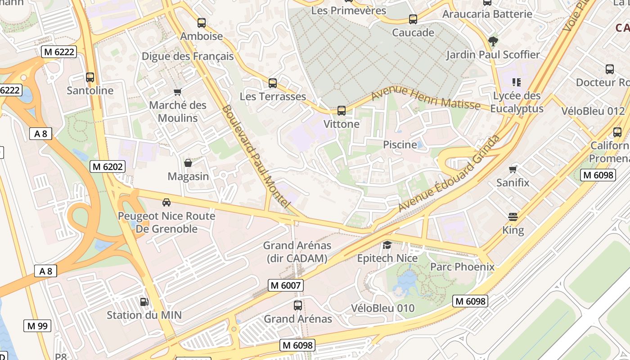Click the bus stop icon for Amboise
pyautogui.click(x=202, y=23)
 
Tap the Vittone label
pyautogui.click(x=342, y=124)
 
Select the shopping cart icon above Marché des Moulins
pyautogui.click(x=177, y=92)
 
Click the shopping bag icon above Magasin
pyautogui.click(x=188, y=163)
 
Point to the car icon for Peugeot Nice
pyautogui.click(x=166, y=202)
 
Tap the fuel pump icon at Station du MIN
pyautogui.click(x=144, y=302)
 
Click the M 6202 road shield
pyautogui.click(x=107, y=166)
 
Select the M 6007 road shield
pyautogui.click(x=286, y=285)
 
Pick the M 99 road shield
pyautogui.click(x=37, y=326)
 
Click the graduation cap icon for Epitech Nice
pyautogui.click(x=387, y=245)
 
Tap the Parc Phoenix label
pyautogui.click(x=462, y=267)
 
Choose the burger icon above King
pyautogui.click(x=513, y=217)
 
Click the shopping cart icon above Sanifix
pyautogui.click(x=513, y=170)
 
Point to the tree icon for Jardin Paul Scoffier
pyautogui.click(x=493, y=41)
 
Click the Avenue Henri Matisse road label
pyautogui.click(x=425, y=98)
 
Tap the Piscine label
pyautogui.click(x=400, y=144)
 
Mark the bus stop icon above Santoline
pyautogui.click(x=90, y=77)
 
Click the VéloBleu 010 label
pyautogui.click(x=382, y=308)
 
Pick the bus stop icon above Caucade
pyautogui.click(x=413, y=19)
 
